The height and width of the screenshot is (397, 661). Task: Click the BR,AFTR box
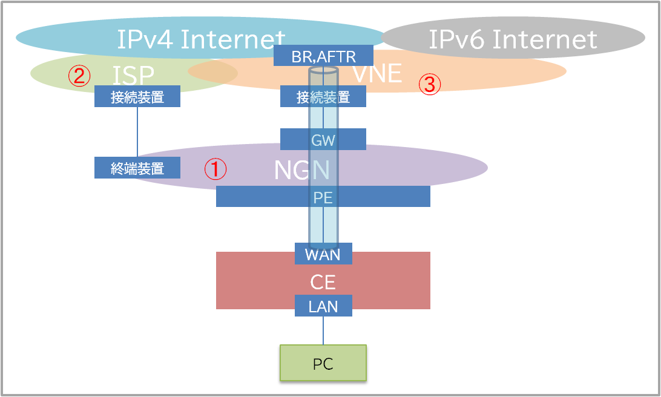click(x=323, y=56)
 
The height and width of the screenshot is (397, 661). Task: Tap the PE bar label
click(x=323, y=197)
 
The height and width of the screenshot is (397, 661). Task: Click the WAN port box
click(x=323, y=254)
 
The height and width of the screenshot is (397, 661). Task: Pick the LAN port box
click(x=323, y=306)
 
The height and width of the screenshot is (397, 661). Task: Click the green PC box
click(x=323, y=363)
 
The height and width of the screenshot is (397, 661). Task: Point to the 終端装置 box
click(x=137, y=168)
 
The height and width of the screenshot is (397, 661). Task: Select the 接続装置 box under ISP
click(x=137, y=97)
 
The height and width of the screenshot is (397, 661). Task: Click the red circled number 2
click(x=79, y=76)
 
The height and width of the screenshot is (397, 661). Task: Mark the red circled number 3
click(x=429, y=85)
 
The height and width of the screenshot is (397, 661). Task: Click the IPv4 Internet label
click(x=201, y=40)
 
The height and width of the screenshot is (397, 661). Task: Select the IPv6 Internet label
click(x=513, y=40)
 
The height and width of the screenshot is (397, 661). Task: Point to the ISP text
click(x=133, y=75)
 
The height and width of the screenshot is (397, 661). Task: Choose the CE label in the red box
click(x=323, y=282)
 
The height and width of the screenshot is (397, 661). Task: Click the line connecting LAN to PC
click(x=323, y=330)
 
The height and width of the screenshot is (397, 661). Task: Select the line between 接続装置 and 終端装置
click(x=137, y=132)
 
